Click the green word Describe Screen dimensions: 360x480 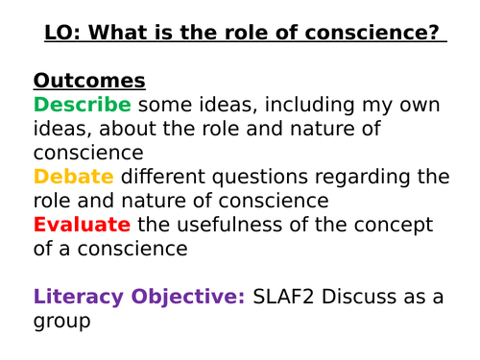82,105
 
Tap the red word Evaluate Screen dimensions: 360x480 82,225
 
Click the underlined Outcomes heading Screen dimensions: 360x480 89,81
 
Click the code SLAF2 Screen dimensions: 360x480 287,297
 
